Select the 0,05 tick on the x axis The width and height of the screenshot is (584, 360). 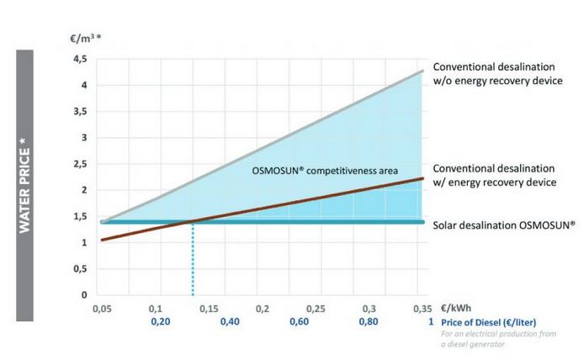tap(101, 310)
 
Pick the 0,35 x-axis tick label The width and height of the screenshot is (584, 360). tap(422, 310)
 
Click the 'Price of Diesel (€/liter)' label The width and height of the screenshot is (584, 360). tap(488, 321)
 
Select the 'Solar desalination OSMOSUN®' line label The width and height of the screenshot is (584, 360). tap(503, 225)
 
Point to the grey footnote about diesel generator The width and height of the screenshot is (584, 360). tap(488, 338)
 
